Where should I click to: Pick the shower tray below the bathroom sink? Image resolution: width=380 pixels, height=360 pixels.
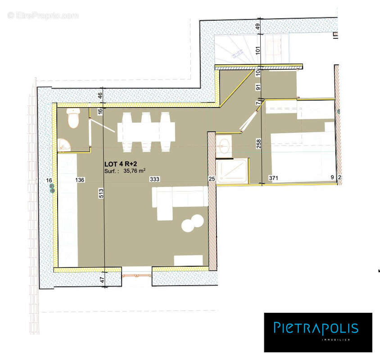(x=232, y=171)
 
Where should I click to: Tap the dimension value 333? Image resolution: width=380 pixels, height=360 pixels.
(x=154, y=180)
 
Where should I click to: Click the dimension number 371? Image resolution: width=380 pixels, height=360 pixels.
(x=274, y=178)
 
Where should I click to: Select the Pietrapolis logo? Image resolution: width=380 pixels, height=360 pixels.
(x=318, y=332)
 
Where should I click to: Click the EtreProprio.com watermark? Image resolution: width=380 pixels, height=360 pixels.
(x=43, y=15)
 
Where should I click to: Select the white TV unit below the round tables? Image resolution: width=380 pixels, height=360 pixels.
(x=188, y=260)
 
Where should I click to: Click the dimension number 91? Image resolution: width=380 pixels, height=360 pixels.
(x=258, y=87)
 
